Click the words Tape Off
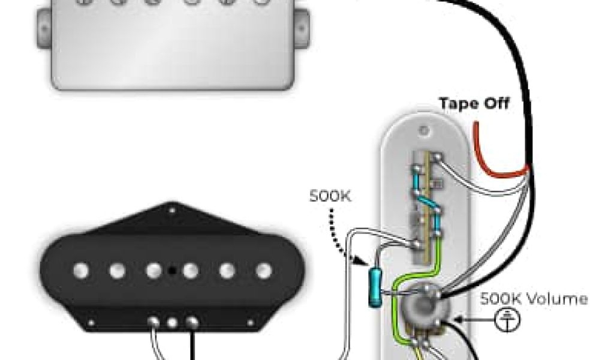click(x=474, y=103)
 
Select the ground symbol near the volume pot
click(x=507, y=320)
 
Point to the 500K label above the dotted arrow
click(x=329, y=196)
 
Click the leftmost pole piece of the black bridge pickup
click(x=81, y=271)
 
